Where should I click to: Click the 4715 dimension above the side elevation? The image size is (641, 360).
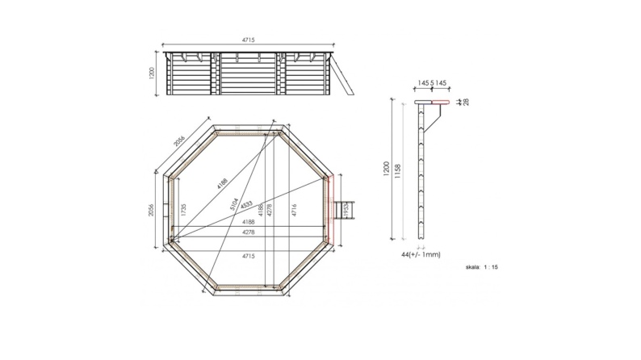(x=250, y=38)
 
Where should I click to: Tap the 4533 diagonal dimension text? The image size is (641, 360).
(x=247, y=203)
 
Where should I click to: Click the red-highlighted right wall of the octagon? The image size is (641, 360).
(x=330, y=209)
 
